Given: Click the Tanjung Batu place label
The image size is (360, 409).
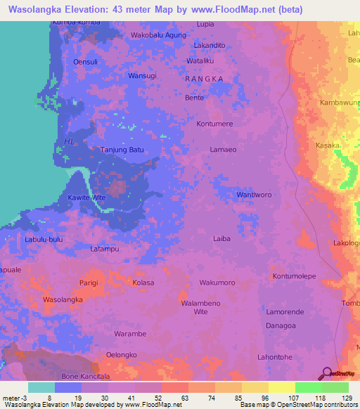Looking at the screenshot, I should point(123,150).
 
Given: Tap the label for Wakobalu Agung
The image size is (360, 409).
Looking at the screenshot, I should point(158,34).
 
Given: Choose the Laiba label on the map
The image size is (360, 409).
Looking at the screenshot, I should point(221,238).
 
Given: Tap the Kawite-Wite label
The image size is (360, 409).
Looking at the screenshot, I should point(86,198).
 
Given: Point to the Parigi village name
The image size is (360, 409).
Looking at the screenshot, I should point(89,283).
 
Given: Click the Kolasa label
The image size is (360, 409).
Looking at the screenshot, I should point(143,283).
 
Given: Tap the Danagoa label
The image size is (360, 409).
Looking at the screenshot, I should point(281,326).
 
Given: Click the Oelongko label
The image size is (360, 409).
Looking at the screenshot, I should point(121,355).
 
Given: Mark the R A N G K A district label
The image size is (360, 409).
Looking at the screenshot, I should point(204,79).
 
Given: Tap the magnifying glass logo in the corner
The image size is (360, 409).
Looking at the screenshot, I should point(326,372).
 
